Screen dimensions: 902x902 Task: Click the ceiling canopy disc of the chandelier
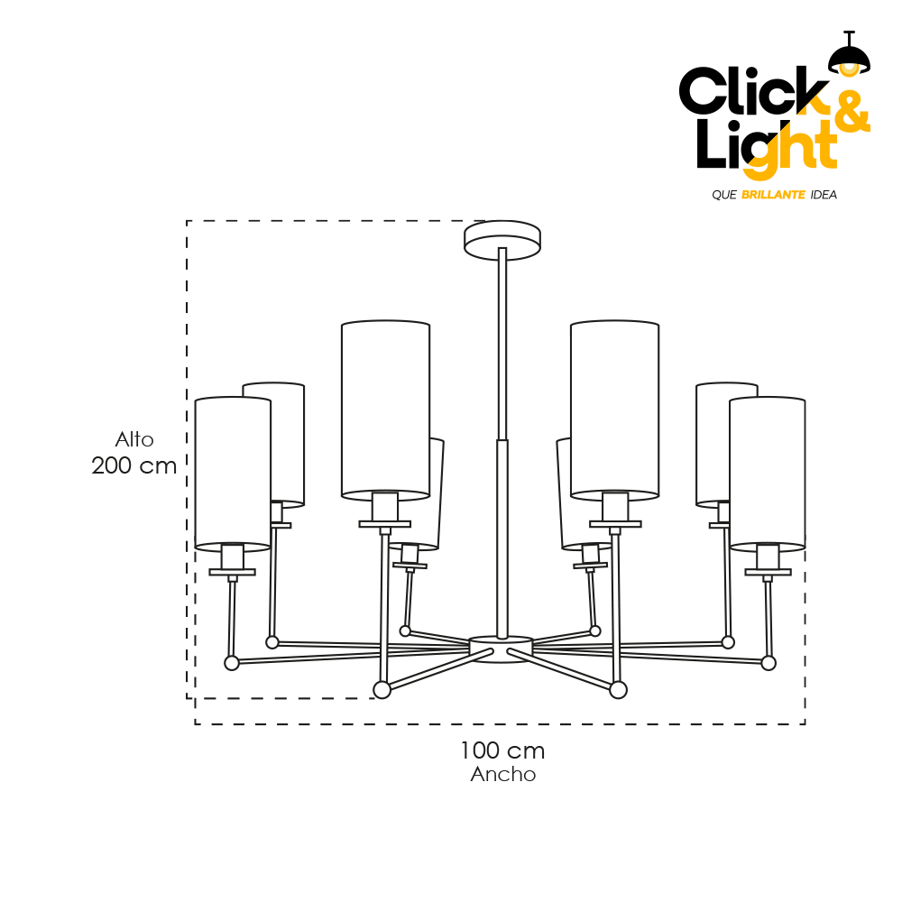click(502, 241)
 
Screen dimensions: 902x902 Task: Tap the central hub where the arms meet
click(501, 649)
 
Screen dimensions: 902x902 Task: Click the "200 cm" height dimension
click(134, 465)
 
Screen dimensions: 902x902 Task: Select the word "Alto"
click(134, 439)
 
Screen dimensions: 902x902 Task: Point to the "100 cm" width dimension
click(502, 750)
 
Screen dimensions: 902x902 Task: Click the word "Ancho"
click(502, 774)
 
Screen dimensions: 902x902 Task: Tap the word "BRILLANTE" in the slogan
click(773, 195)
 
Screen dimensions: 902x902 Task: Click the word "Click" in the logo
click(753, 90)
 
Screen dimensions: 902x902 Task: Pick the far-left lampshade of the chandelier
click(233, 474)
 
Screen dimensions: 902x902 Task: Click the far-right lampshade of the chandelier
click(768, 474)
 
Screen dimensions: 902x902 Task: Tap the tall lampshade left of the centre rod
click(385, 410)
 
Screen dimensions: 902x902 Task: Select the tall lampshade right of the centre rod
click(614, 410)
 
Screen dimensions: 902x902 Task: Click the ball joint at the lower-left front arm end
click(382, 689)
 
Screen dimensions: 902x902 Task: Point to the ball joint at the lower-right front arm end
click(619, 689)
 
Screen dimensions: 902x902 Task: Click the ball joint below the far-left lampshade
click(231, 663)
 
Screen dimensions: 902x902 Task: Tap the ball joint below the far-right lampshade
click(769, 663)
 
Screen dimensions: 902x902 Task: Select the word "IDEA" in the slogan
click(824, 195)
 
